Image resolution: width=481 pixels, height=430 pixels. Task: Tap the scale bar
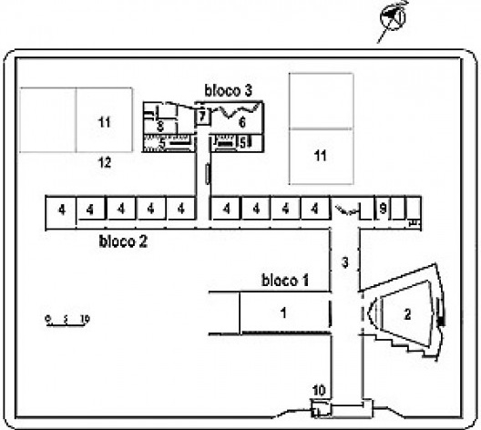tap(67, 319)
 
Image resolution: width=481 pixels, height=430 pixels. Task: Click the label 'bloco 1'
tap(286, 279)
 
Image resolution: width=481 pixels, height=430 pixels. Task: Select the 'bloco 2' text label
tap(123, 242)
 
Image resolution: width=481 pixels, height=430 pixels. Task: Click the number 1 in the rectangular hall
tap(283, 312)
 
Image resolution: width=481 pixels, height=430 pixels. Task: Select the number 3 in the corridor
tap(344, 262)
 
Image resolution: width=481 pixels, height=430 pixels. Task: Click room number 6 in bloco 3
tap(242, 121)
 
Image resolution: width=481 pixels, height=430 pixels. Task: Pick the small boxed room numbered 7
tap(202, 116)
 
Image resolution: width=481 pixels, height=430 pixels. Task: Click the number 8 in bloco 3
tap(159, 125)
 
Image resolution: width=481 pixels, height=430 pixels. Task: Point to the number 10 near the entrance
tap(319, 391)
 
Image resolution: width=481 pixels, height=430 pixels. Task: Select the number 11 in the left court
tap(104, 121)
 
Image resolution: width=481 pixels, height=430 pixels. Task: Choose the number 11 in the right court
tap(321, 156)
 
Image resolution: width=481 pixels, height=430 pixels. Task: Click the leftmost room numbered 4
tap(61, 210)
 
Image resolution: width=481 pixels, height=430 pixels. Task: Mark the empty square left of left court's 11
tap(47, 119)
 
